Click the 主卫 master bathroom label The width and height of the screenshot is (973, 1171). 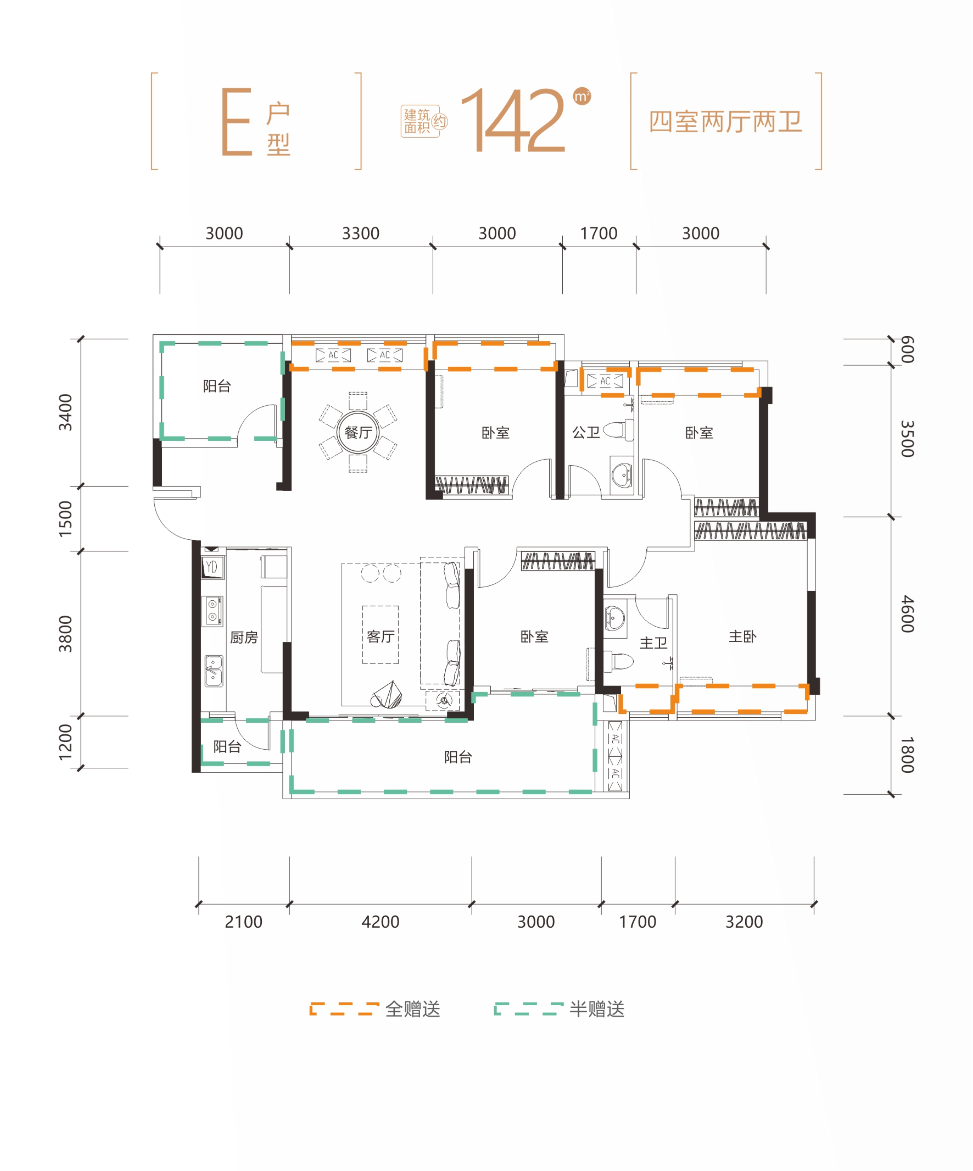click(x=653, y=643)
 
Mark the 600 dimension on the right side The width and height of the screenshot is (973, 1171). click(x=907, y=350)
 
